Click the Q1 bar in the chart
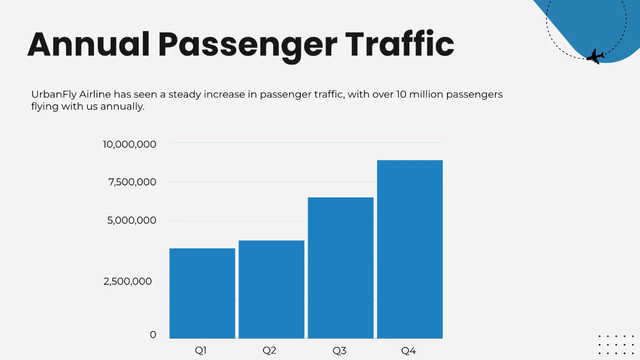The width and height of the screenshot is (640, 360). (x=202, y=293)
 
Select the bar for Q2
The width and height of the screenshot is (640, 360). (x=271, y=289)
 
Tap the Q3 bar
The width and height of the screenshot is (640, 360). (x=341, y=268)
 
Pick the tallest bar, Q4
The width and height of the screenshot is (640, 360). (x=410, y=249)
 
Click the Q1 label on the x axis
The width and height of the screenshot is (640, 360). (x=201, y=350)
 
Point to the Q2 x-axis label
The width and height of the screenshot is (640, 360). (x=269, y=350)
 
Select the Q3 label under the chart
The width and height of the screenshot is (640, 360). (x=340, y=350)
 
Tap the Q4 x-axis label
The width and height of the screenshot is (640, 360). (x=409, y=350)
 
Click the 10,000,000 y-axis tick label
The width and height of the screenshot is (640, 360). (x=130, y=144)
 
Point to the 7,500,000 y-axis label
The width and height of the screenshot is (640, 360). (x=132, y=182)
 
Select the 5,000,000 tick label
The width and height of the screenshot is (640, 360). (x=132, y=220)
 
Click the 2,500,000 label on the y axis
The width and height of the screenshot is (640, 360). (x=127, y=281)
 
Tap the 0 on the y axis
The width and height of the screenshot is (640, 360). (x=153, y=334)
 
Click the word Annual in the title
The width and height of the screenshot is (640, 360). (x=89, y=44)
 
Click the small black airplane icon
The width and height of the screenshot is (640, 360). (x=595, y=56)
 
